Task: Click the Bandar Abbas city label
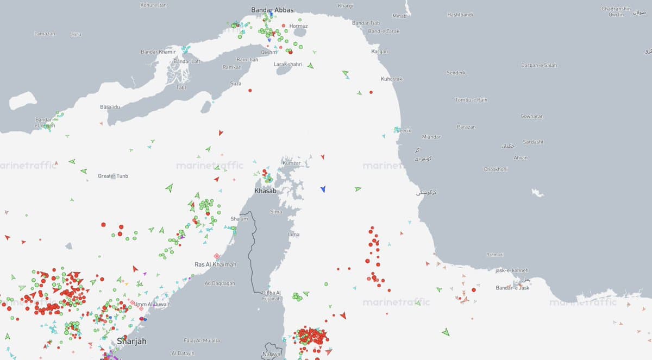coord(272,10)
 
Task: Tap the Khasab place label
coord(266,191)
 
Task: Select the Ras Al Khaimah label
coord(215,264)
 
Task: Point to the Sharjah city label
coord(131,342)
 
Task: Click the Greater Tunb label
coord(113,176)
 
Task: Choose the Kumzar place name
coord(291,163)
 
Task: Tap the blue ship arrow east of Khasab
coord(323,188)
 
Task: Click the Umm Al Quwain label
coord(153,304)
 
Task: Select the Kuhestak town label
coord(392,79)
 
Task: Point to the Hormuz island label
coord(298,26)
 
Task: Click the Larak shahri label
coord(287,64)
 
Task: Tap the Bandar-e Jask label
coord(512,288)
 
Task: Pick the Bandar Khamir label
coord(158,52)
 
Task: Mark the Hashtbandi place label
coord(460,15)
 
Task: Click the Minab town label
coord(399,16)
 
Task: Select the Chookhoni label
coord(496,169)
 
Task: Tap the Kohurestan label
coord(154,5)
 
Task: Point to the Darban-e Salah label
coord(539,65)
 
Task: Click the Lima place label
coord(294,235)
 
